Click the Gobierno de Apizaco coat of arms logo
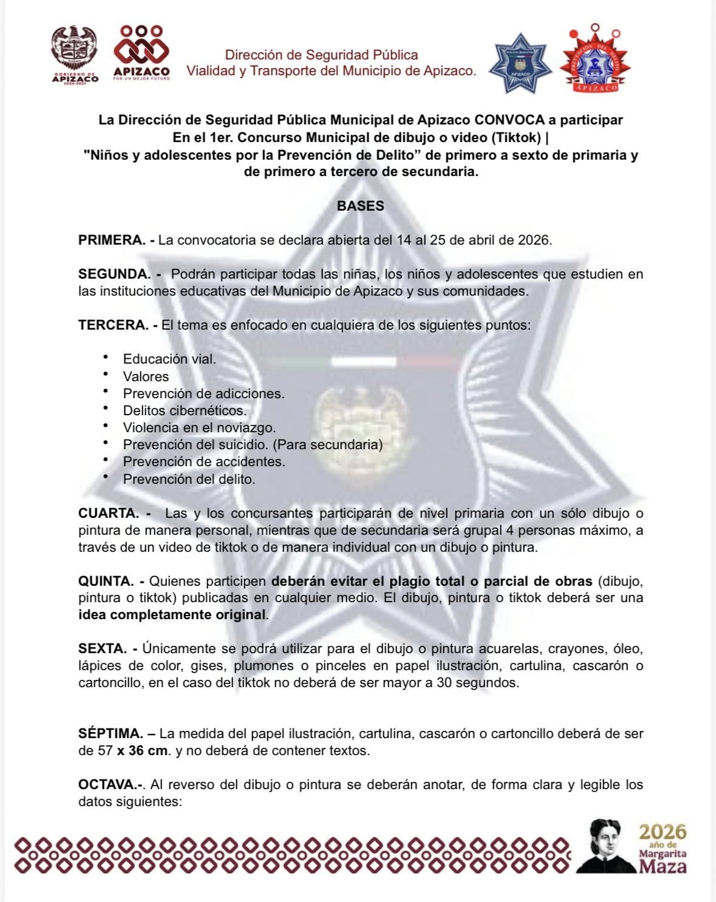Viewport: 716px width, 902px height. (x=75, y=53)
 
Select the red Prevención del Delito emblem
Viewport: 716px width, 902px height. (x=595, y=61)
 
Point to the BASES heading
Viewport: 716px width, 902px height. (x=360, y=206)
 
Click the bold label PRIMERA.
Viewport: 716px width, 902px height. (x=112, y=240)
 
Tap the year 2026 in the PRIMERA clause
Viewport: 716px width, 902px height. (x=534, y=240)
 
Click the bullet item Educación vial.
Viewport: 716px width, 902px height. (x=169, y=359)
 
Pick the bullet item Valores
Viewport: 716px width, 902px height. (x=146, y=376)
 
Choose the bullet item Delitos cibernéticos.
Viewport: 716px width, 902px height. (x=185, y=410)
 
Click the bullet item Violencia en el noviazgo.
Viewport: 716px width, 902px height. (x=199, y=427)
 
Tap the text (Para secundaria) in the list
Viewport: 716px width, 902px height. (x=327, y=444)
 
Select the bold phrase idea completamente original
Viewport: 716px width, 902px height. (x=172, y=614)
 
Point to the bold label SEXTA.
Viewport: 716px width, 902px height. (x=103, y=648)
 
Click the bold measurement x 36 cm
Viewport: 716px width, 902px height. (x=142, y=750)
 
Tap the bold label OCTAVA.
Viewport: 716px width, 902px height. (x=110, y=784)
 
